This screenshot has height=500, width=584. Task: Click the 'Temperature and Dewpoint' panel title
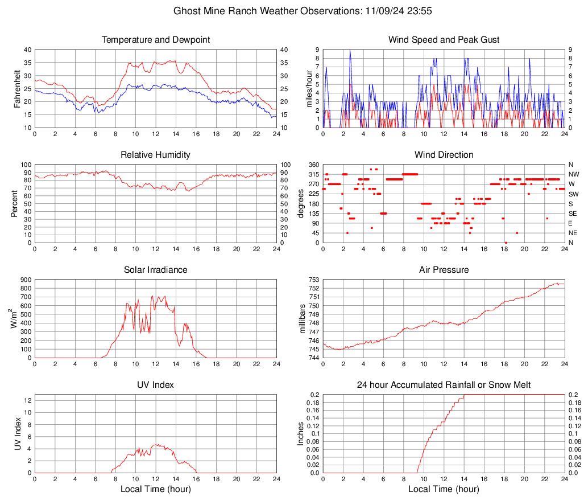click(155, 40)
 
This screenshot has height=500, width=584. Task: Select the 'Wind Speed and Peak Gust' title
click(444, 40)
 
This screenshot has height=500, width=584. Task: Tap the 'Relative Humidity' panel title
click(155, 155)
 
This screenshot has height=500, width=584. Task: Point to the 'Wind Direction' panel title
click(444, 155)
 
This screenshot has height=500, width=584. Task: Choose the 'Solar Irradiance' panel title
click(155, 270)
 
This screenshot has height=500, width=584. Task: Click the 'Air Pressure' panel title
click(444, 270)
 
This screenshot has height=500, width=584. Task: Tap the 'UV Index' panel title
click(155, 385)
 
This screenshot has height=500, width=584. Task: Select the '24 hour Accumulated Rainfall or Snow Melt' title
click(444, 385)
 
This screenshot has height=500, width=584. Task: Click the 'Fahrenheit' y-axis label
click(17, 88)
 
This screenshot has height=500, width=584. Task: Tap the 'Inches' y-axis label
click(302, 433)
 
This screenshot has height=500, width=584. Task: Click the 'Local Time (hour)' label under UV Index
click(155, 489)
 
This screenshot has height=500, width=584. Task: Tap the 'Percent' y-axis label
click(15, 203)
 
